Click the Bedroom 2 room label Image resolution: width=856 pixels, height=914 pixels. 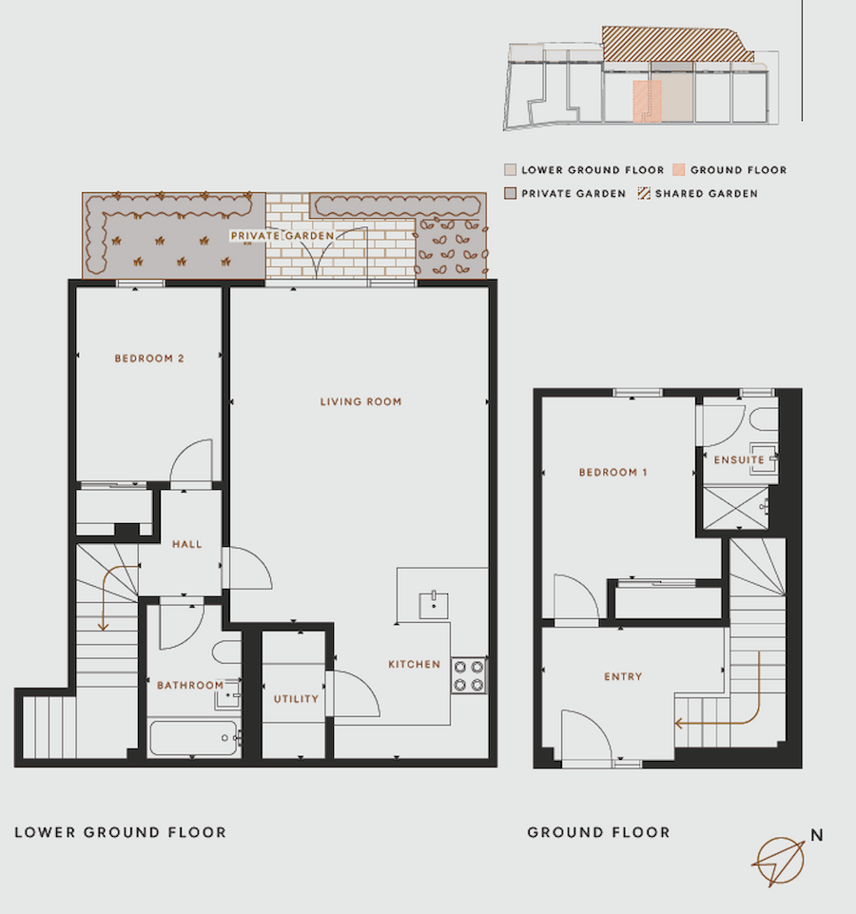(x=149, y=359)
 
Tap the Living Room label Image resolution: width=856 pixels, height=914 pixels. (x=360, y=401)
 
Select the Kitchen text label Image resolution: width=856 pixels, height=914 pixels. (x=414, y=664)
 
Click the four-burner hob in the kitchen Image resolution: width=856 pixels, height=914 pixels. (x=469, y=676)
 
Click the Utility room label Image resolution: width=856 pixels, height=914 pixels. (x=295, y=699)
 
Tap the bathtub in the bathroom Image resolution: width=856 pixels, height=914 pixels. (x=194, y=737)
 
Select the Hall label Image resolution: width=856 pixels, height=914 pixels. (x=187, y=545)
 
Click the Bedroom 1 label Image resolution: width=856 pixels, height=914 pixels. (x=613, y=472)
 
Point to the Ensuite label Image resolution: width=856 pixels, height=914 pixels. (x=739, y=460)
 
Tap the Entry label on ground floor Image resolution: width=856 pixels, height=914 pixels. (x=623, y=677)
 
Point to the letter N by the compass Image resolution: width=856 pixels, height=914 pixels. (x=816, y=836)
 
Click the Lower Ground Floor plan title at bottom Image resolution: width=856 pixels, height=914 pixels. (x=121, y=832)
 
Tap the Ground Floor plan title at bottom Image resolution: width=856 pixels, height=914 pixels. (x=598, y=832)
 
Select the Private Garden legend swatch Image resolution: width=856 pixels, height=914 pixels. (x=511, y=193)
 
